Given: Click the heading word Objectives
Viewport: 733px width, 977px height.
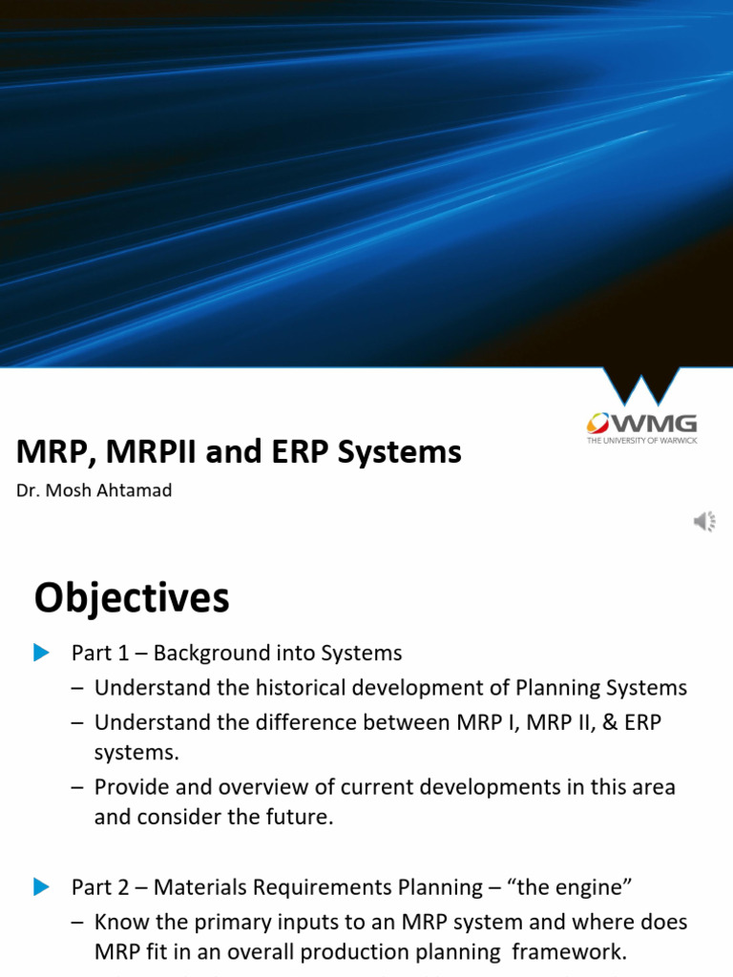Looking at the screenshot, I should click(132, 599).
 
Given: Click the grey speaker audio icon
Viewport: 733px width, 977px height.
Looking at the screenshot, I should click(704, 521).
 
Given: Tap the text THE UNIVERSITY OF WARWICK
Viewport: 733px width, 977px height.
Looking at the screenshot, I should click(641, 440).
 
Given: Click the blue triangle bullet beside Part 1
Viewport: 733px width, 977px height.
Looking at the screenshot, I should click(40, 653).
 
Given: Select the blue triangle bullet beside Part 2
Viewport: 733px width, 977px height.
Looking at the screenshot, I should click(40, 887).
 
